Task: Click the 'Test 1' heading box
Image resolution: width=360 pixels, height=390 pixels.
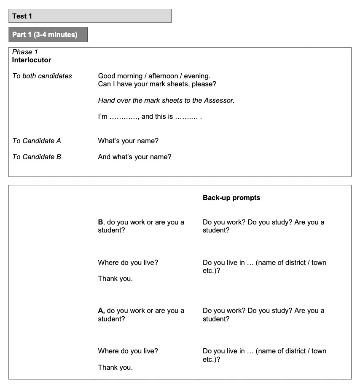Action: click(90, 16)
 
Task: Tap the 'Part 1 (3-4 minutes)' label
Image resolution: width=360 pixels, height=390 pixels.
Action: click(45, 35)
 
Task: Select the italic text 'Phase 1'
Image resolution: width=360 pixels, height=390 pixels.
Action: click(25, 52)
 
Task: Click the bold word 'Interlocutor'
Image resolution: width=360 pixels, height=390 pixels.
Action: click(32, 60)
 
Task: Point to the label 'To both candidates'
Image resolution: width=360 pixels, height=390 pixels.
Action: click(42, 76)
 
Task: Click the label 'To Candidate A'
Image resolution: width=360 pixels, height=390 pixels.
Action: click(37, 141)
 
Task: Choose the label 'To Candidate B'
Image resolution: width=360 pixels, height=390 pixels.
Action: click(37, 157)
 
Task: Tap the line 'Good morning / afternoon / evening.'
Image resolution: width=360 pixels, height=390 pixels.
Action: click(154, 76)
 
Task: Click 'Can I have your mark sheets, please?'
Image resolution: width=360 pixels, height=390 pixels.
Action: click(157, 84)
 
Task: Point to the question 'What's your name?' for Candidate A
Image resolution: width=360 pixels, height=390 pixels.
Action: click(128, 141)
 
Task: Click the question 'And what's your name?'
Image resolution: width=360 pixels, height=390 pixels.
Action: click(134, 157)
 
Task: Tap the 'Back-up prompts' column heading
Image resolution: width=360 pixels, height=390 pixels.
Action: click(231, 198)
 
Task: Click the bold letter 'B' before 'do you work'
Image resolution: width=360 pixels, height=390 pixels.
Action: click(100, 222)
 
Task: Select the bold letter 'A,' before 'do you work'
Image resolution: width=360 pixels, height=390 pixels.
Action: click(101, 310)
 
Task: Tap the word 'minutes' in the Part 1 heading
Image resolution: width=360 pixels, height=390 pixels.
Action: click(62, 35)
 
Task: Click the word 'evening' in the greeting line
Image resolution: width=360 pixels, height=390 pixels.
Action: click(196, 76)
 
